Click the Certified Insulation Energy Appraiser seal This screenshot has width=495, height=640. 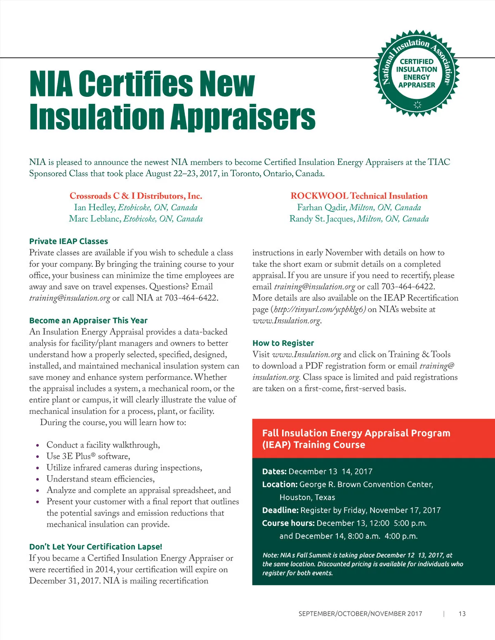click(417, 73)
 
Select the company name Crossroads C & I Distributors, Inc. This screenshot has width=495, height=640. click(136, 196)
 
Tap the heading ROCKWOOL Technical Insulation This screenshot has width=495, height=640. click(359, 196)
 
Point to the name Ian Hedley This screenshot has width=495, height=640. click(94, 207)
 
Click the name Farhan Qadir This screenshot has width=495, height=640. click(322, 207)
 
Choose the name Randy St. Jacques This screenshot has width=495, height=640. click(322, 219)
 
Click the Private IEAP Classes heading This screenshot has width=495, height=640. click(68, 241)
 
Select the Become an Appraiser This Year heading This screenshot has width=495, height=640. click(88, 320)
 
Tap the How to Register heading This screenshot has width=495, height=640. click(283, 343)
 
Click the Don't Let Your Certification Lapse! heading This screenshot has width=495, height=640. click(96, 546)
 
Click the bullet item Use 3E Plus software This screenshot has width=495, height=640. click(88, 456)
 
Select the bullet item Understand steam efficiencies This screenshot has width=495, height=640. click(101, 479)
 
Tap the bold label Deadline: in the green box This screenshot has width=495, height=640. click(280, 510)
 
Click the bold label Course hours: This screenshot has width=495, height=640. click(288, 523)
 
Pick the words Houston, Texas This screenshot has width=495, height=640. click(307, 497)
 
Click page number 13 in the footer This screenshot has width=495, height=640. click(462, 614)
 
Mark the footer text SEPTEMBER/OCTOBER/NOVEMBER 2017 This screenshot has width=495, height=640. click(360, 614)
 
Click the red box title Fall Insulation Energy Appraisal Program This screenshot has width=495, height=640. click(356, 433)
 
